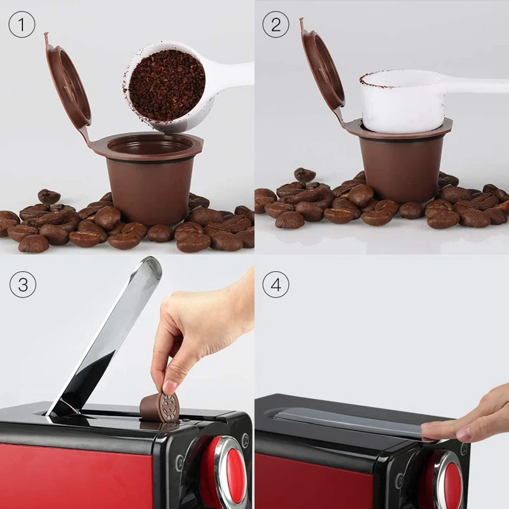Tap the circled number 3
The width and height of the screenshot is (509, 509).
pos(22,284)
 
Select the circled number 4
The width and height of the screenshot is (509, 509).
pos(275,284)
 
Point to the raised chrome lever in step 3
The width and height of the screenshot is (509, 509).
pos(108,337)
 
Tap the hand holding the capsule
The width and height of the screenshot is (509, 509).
pos(204,331)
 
